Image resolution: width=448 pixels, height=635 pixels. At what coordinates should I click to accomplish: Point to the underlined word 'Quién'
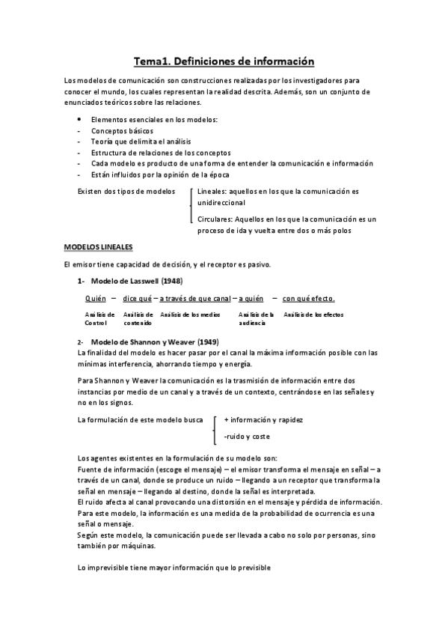(x=95, y=298)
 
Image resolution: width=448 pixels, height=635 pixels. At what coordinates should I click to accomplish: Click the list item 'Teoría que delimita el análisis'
(x=140, y=142)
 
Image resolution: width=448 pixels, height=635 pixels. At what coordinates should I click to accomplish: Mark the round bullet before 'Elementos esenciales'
(x=79, y=120)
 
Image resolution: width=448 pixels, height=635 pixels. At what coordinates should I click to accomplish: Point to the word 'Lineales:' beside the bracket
(x=213, y=192)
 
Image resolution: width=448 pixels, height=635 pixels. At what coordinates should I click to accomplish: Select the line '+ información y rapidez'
(x=263, y=419)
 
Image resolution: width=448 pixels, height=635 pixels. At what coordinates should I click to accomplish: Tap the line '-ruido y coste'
(x=248, y=436)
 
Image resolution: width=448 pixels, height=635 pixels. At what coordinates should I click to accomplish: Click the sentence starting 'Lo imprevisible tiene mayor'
(x=174, y=568)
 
